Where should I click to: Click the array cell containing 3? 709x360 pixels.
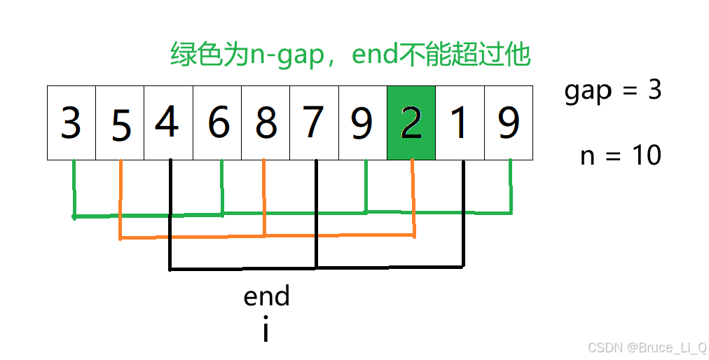(x=71, y=123)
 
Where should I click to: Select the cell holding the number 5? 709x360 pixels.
(x=120, y=123)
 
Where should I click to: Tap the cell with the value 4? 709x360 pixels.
(x=168, y=123)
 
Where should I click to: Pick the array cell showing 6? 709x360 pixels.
(x=217, y=123)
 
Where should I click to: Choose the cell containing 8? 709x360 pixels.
(x=266, y=123)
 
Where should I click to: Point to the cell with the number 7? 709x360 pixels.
(x=314, y=123)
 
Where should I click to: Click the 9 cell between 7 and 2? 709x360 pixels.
(x=362, y=123)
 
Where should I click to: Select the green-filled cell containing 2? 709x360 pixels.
(x=411, y=123)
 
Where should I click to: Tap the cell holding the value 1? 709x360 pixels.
(x=460, y=123)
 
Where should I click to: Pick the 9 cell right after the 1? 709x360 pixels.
(x=508, y=123)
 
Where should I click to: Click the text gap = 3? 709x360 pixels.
(x=613, y=91)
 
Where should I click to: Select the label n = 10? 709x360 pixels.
(x=621, y=155)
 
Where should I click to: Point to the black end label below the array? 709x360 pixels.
(x=266, y=297)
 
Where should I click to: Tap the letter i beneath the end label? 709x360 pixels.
(x=266, y=331)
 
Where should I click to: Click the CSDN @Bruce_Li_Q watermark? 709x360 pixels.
(x=647, y=347)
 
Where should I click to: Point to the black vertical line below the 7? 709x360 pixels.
(x=317, y=210)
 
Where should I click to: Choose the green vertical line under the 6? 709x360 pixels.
(x=222, y=186)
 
